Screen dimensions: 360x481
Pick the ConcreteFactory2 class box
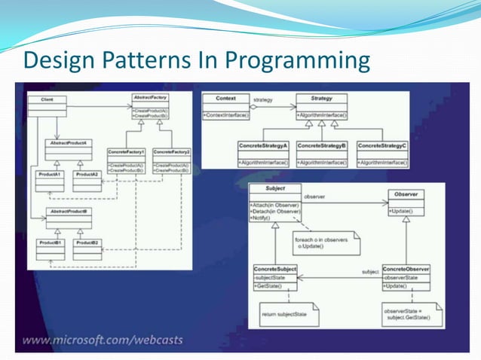click(x=171, y=159)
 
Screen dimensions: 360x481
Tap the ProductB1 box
click(x=51, y=246)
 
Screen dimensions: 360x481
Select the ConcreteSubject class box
click(x=274, y=277)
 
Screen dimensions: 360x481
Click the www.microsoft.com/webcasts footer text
click(x=103, y=340)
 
